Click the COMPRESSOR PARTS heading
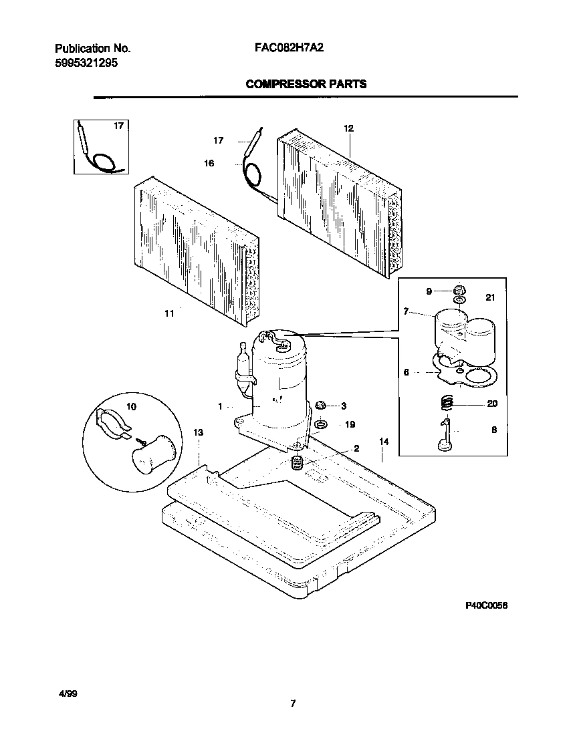[306, 84]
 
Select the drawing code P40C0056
[487, 605]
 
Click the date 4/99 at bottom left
[69, 695]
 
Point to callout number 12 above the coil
[348, 128]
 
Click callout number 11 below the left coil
[169, 313]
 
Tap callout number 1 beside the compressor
[220, 406]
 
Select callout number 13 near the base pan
[198, 433]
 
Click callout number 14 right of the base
[384, 442]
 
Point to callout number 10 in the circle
[131, 406]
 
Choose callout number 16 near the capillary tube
[209, 163]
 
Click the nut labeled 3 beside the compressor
[320, 406]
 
